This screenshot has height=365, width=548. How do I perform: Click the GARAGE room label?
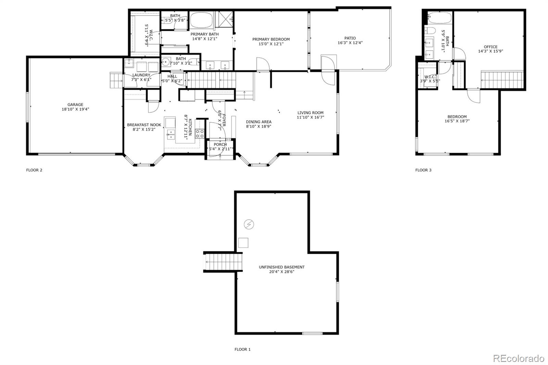tap(75, 105)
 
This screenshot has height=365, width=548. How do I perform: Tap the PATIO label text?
tap(350, 38)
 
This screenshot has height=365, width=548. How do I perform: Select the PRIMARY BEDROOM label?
tap(271, 39)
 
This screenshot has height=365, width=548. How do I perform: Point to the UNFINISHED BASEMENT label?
tap(282, 267)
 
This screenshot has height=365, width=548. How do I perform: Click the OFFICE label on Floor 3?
tap(490, 47)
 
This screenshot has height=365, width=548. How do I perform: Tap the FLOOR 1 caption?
tap(242, 349)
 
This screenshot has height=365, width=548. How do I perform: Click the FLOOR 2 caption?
tap(34, 170)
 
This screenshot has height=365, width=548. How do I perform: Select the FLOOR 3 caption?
tap(423, 170)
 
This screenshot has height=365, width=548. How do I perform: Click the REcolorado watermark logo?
tap(518, 358)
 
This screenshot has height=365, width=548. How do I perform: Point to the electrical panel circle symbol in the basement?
tap(249, 225)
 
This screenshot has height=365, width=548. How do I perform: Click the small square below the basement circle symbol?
tap(243, 242)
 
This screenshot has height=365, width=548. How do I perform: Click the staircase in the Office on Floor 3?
tap(502, 80)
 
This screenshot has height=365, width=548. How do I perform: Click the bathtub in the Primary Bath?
tap(201, 20)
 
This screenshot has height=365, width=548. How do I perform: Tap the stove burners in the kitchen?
tap(200, 134)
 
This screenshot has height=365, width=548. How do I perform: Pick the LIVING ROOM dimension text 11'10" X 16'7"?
tap(310, 117)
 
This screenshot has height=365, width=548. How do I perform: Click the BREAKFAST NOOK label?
tap(144, 125)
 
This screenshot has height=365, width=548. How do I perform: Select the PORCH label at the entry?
tap(220, 144)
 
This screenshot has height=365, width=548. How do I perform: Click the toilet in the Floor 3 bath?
tap(430, 31)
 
